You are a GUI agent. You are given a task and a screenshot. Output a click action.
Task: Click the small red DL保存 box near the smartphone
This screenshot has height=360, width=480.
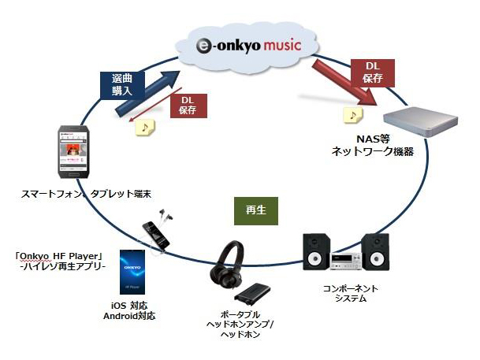click(x=187, y=105)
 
